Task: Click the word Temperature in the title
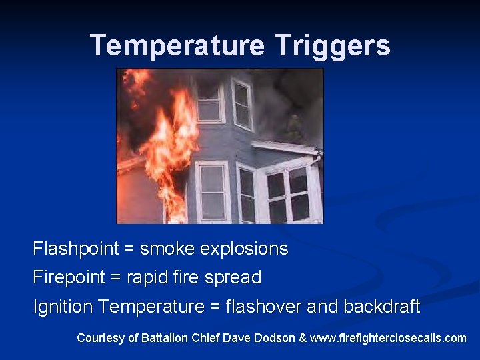click(177, 45)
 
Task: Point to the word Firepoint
click(69, 277)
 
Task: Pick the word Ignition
click(63, 307)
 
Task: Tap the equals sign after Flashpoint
click(127, 249)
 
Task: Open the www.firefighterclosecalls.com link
click(389, 338)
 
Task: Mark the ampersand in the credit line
click(303, 338)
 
